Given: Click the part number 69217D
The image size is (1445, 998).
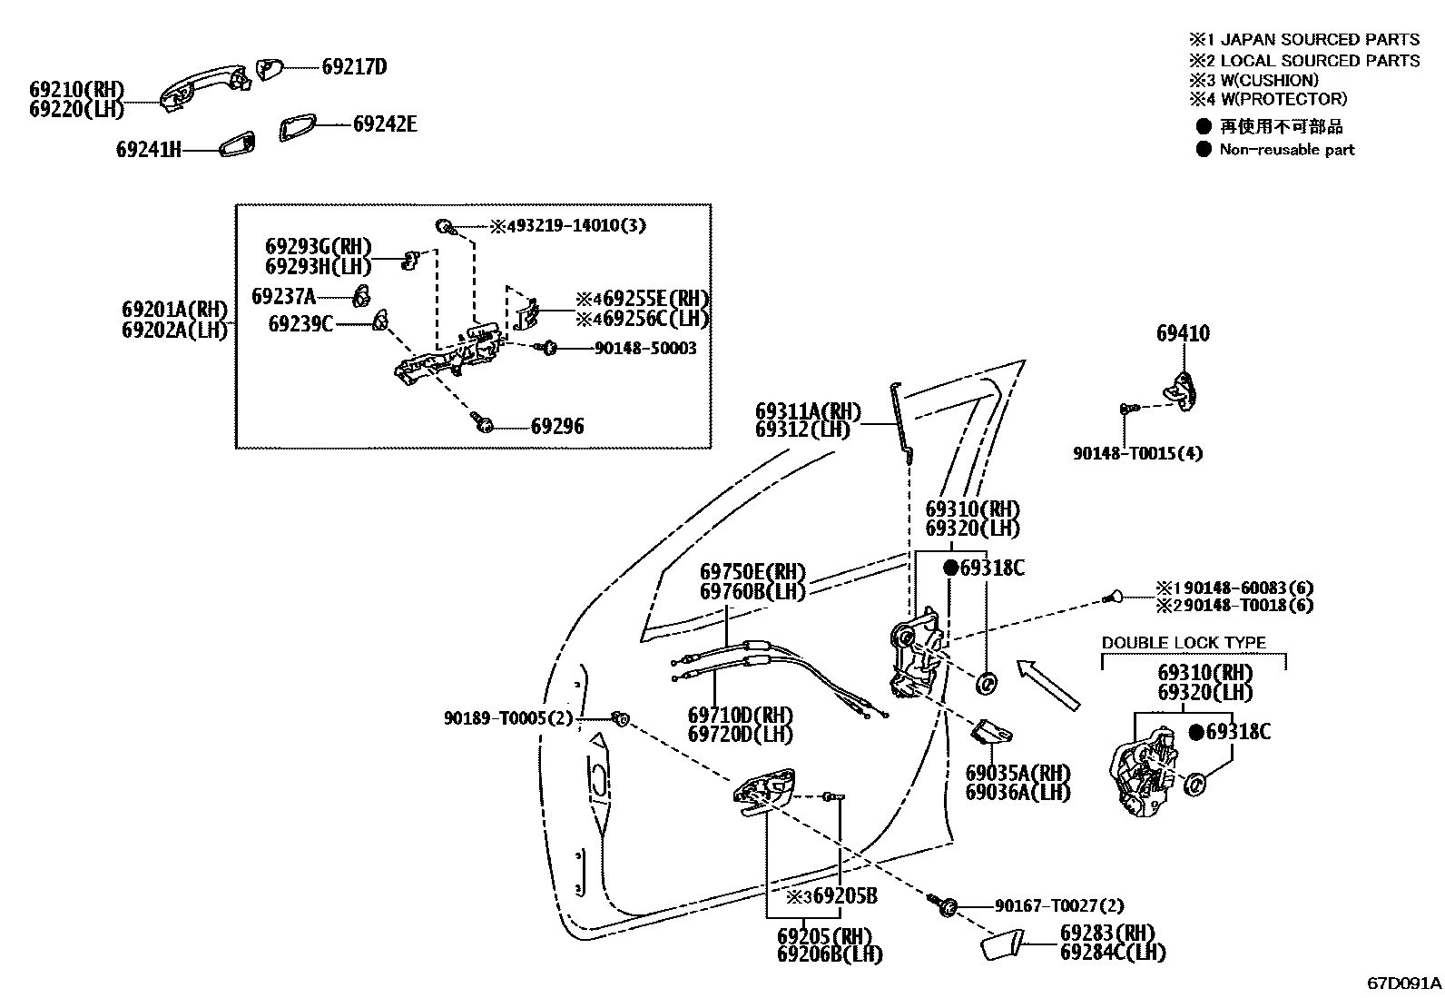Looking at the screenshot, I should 354,67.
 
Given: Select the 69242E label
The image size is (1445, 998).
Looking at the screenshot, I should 385,124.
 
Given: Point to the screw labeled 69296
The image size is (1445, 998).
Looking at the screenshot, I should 482,421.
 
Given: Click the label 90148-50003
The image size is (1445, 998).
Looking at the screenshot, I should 645,349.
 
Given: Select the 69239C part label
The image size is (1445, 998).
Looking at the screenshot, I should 300,324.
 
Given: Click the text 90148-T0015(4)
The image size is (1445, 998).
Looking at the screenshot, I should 1137,453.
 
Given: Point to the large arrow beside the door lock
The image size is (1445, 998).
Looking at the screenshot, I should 1048,685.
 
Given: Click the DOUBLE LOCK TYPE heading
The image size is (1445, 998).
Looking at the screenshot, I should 1184,643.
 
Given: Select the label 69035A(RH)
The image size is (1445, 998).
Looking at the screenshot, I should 1017,774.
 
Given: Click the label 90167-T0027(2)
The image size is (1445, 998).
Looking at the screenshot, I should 1058,906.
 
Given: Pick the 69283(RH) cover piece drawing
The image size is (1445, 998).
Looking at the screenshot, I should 1001,944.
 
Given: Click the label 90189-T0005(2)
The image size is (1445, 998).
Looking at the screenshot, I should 509,718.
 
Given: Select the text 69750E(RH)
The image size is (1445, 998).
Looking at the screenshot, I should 752,572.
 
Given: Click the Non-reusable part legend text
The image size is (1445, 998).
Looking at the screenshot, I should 1286,150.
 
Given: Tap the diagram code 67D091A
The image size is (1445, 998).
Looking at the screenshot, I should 1403,983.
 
